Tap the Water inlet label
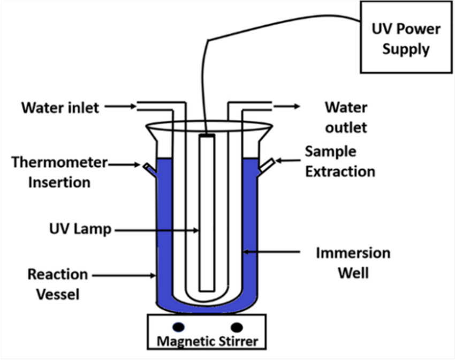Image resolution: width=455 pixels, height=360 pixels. tap(60, 107)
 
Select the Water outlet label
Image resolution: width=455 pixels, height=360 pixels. tap(346, 117)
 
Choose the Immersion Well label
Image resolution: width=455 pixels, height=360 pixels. tap(352, 262)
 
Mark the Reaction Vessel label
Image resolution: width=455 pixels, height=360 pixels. tap(58, 284)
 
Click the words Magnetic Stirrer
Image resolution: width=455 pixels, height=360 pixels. tap(206, 340)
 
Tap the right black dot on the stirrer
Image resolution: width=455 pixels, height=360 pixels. tap(237, 326)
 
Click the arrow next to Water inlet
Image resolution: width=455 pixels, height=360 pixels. tap(120, 107)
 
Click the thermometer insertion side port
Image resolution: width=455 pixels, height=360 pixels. tap(150, 169)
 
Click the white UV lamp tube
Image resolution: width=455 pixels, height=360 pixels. tap(207, 214)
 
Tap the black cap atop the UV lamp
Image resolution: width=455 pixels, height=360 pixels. tap(207, 137)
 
